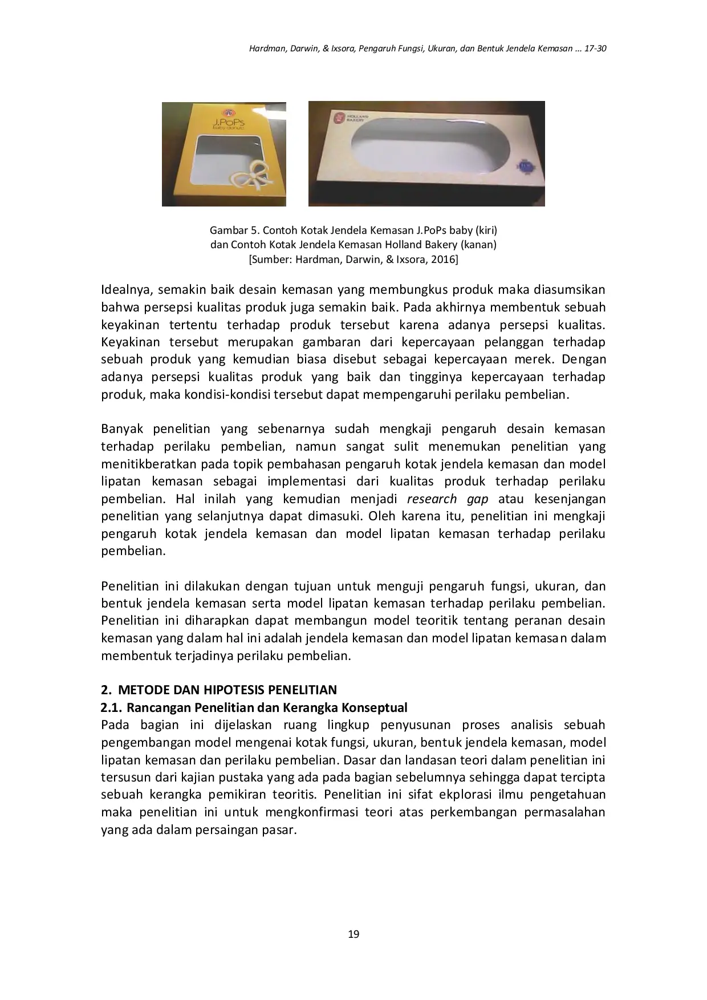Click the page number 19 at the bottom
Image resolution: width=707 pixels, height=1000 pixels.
tap(353, 934)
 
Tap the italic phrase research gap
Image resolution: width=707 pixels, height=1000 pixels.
tap(448, 499)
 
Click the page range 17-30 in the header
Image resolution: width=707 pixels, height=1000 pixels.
tap(594, 49)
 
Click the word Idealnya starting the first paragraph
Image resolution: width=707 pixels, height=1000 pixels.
tap(125, 290)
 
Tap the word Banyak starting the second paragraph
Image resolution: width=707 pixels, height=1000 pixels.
tap(121, 429)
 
